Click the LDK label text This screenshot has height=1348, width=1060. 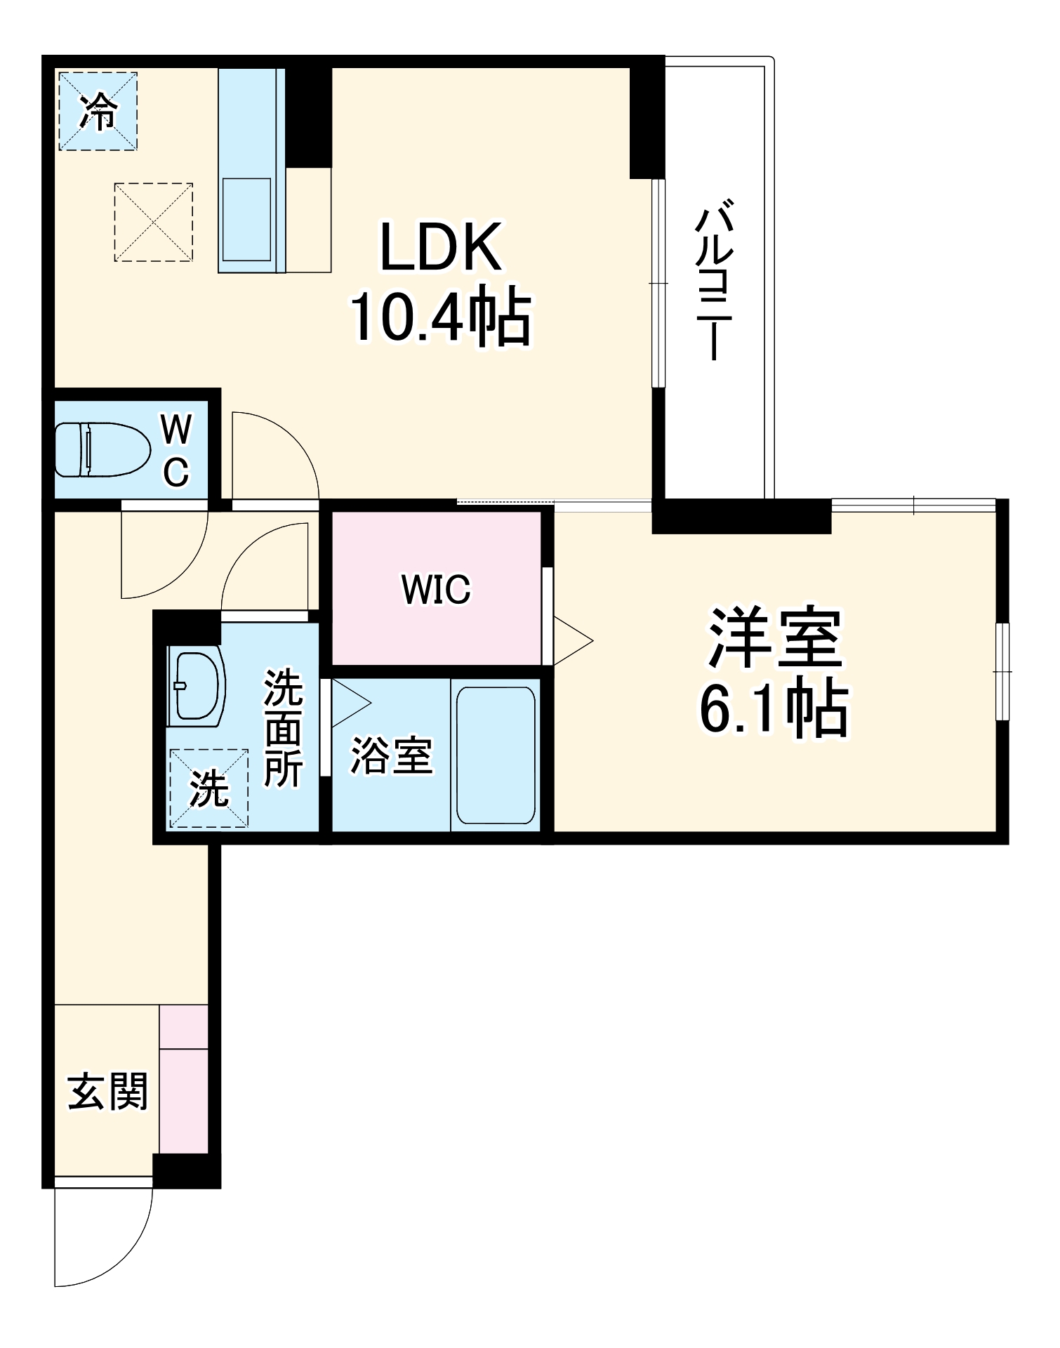(x=441, y=247)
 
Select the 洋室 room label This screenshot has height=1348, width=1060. (x=775, y=637)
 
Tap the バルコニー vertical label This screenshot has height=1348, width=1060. (x=715, y=281)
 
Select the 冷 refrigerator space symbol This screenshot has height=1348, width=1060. (x=98, y=111)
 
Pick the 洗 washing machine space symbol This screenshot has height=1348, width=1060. (x=208, y=788)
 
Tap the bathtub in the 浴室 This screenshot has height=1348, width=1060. (x=496, y=754)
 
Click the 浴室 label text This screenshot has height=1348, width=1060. (x=391, y=755)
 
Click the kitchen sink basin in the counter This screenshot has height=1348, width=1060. (x=246, y=219)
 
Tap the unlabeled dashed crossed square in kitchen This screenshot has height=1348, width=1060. (x=153, y=223)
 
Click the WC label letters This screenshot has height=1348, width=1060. (x=175, y=449)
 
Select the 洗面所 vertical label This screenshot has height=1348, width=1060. (x=283, y=728)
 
